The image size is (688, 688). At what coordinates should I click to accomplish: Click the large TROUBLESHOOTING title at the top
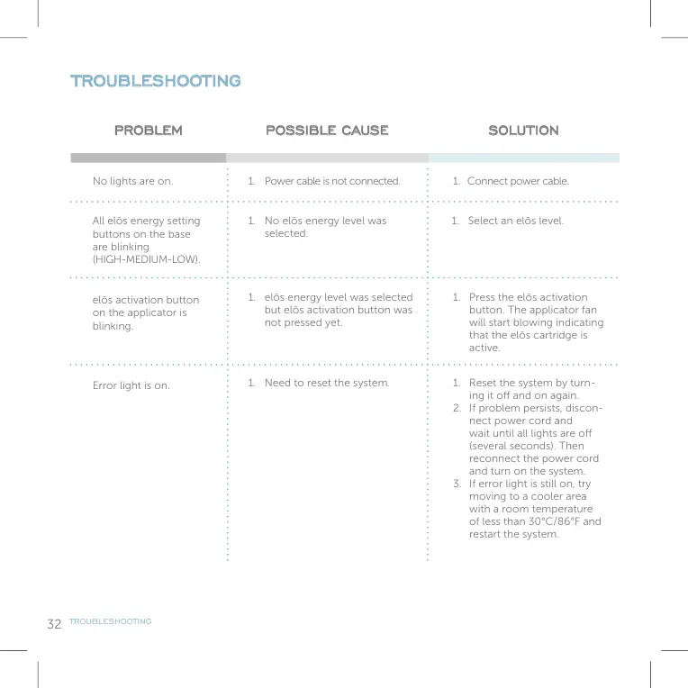pos(156,81)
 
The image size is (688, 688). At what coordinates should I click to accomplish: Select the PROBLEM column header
pos(148,131)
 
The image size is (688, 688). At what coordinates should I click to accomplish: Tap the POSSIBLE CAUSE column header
pos(327,131)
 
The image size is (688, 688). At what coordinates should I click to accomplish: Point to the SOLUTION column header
pos(523,131)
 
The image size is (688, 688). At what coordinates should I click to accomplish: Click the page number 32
pos(54,623)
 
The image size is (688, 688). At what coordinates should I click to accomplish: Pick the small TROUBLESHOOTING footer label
pos(111,621)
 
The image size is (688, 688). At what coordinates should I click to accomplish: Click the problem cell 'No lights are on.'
pos(132,181)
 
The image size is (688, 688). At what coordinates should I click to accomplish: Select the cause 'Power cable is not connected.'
pos(331,181)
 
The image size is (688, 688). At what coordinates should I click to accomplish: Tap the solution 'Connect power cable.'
pos(518,181)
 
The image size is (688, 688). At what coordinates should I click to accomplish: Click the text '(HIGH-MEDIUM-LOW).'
pos(146,259)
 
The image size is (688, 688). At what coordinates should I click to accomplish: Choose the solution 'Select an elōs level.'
pos(515,221)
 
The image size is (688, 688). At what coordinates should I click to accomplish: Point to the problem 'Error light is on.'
pos(131,385)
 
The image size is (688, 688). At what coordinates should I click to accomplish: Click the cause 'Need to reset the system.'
pos(326,383)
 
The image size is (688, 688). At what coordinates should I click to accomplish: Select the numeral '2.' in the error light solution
pos(457,408)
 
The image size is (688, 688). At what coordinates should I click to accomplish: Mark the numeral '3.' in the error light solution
pos(457,484)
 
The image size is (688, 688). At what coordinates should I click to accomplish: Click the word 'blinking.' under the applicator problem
pos(113,326)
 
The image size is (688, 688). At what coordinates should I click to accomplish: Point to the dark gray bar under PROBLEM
pos(148,158)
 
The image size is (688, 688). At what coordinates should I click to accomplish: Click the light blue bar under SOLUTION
pos(523,158)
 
